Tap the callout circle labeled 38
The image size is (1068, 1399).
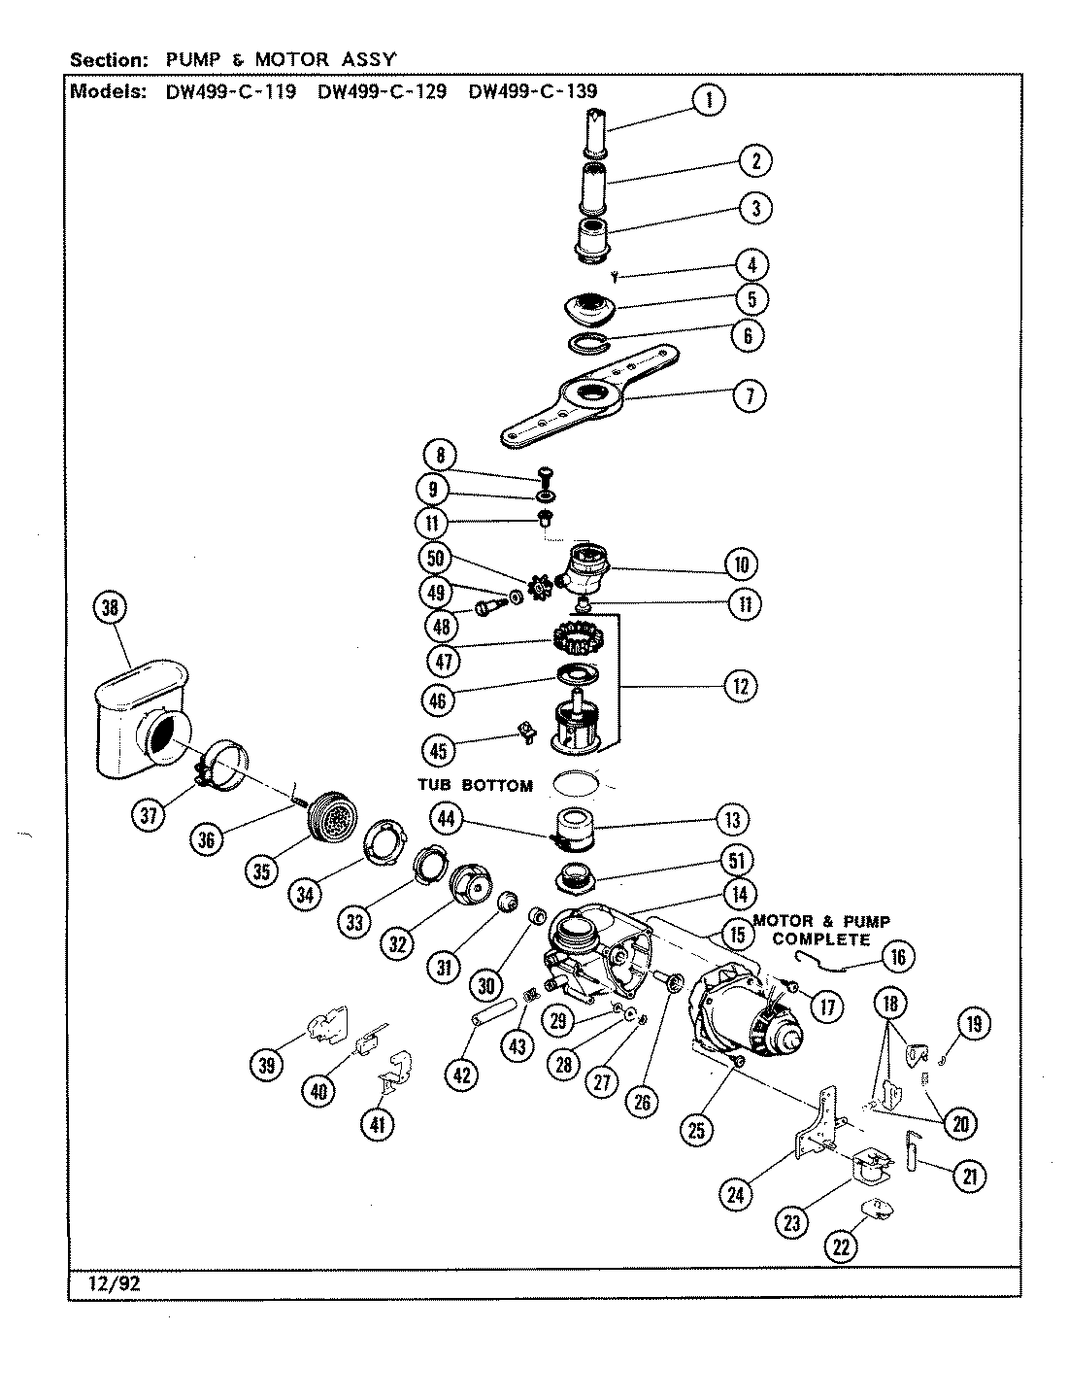pos(110,609)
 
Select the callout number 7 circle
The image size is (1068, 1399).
pos(749,395)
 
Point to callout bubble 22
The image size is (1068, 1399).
pos(842,1245)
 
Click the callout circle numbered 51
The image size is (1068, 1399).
pos(738,859)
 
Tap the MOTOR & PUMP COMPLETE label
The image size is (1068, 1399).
pos(821,930)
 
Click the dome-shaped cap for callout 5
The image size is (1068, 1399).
pos(590,310)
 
